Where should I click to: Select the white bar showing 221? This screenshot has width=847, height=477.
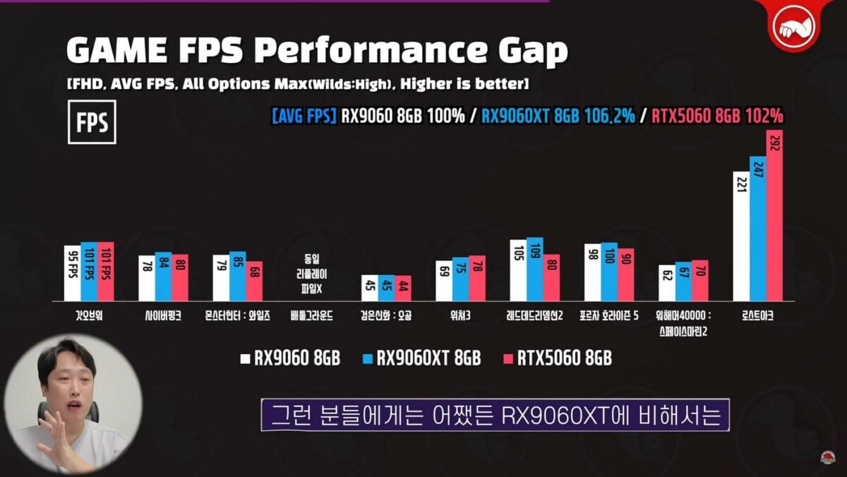[741, 236]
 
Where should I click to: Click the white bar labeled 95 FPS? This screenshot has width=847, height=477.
[72, 273]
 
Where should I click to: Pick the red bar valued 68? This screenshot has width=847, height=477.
[254, 281]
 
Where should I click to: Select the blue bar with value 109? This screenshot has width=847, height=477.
[535, 269]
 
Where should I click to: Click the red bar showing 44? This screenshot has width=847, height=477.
[403, 288]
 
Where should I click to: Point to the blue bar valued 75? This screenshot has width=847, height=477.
[460, 279]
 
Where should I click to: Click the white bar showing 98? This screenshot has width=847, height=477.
[592, 272]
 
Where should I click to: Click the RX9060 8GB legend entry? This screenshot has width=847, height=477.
[290, 358]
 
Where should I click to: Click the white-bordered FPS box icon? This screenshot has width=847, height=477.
[92, 122]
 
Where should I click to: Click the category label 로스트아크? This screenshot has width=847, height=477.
[758, 317]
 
